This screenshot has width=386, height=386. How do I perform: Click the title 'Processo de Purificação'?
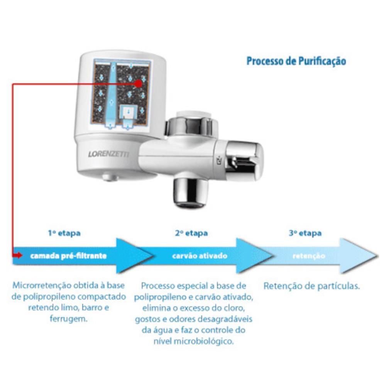[296, 61]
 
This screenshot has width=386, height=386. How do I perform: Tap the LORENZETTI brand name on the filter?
[108, 154]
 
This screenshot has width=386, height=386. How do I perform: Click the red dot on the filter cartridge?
[139, 84]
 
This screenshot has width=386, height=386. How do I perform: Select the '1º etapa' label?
[64, 233]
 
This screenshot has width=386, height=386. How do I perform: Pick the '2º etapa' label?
[191, 233]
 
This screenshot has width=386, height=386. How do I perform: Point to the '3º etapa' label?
[305, 233]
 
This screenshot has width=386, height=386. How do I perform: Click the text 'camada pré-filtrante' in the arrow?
[68, 256]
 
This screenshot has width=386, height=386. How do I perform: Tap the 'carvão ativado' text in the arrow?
[200, 256]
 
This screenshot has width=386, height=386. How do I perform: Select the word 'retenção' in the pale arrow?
[309, 256]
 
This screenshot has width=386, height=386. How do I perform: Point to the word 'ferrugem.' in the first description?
[69, 319]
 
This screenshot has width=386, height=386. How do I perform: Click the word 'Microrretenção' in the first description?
[42, 286]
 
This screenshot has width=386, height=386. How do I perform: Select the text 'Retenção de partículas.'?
[312, 286]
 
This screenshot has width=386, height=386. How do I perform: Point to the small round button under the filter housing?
[110, 177]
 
